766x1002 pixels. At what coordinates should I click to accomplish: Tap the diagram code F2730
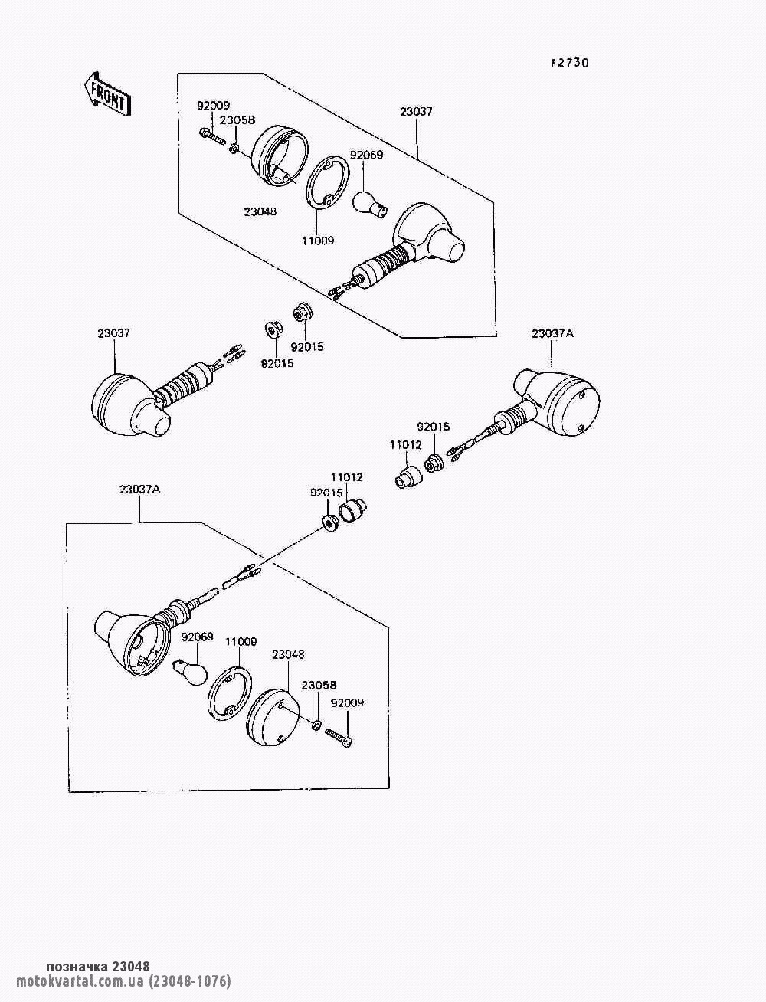(569, 64)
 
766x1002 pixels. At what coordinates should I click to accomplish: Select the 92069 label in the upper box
(366, 155)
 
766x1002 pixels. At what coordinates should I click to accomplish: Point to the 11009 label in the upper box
(317, 241)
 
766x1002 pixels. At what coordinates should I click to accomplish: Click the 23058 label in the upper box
(237, 120)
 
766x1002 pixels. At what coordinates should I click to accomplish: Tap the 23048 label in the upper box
(260, 211)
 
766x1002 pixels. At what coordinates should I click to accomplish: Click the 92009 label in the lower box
(347, 702)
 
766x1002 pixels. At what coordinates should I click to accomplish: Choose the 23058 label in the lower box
(319, 686)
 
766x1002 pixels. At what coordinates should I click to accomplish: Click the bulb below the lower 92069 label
(191, 671)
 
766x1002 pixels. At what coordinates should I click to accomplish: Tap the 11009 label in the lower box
(241, 642)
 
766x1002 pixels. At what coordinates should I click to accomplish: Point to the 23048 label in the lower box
(288, 655)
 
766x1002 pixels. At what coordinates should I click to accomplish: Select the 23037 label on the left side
(113, 333)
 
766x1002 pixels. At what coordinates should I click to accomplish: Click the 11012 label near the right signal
(405, 444)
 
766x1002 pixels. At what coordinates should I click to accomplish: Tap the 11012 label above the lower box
(346, 477)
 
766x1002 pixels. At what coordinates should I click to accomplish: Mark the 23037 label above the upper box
(416, 111)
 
